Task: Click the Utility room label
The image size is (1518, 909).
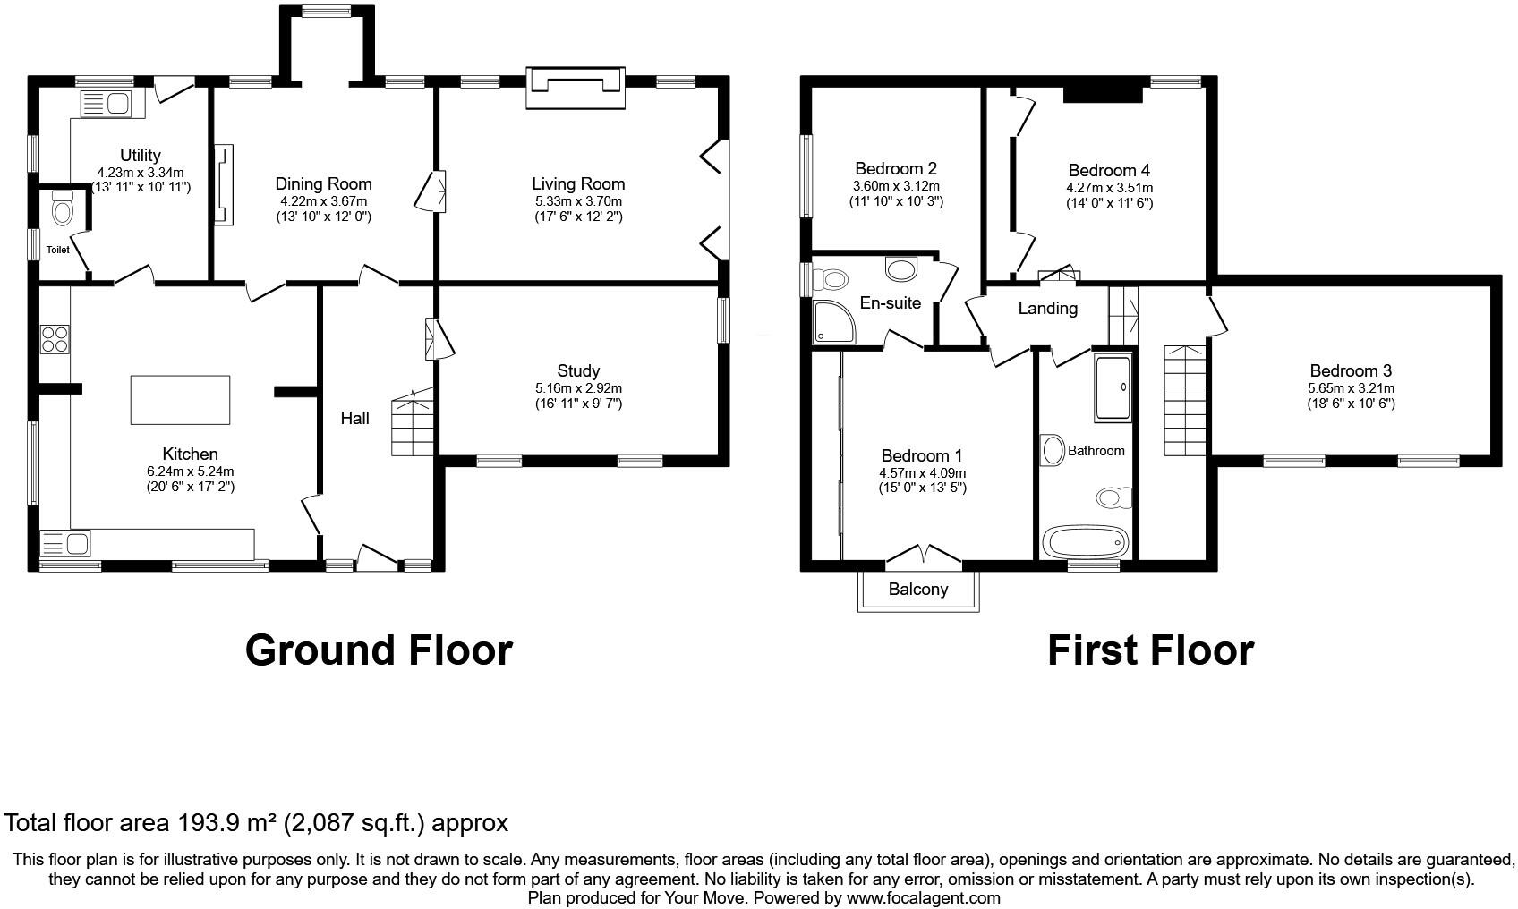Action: (141, 156)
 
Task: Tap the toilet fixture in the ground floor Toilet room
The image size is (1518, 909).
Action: (62, 208)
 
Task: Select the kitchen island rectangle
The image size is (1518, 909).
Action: (180, 400)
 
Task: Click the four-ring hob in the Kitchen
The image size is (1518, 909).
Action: (55, 339)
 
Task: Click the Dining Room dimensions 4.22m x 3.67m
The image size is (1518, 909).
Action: (323, 201)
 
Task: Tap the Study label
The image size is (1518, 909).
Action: (578, 370)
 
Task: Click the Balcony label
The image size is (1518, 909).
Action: (918, 589)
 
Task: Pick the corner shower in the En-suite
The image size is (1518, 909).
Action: (833, 323)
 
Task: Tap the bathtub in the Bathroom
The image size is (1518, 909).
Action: (1084, 542)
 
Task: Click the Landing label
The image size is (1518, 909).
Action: (1047, 309)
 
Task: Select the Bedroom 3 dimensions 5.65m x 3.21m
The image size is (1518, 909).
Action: (1351, 388)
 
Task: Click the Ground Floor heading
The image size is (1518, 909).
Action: (379, 650)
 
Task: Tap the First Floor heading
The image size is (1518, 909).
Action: (1150, 650)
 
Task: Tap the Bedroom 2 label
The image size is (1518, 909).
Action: (895, 168)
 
